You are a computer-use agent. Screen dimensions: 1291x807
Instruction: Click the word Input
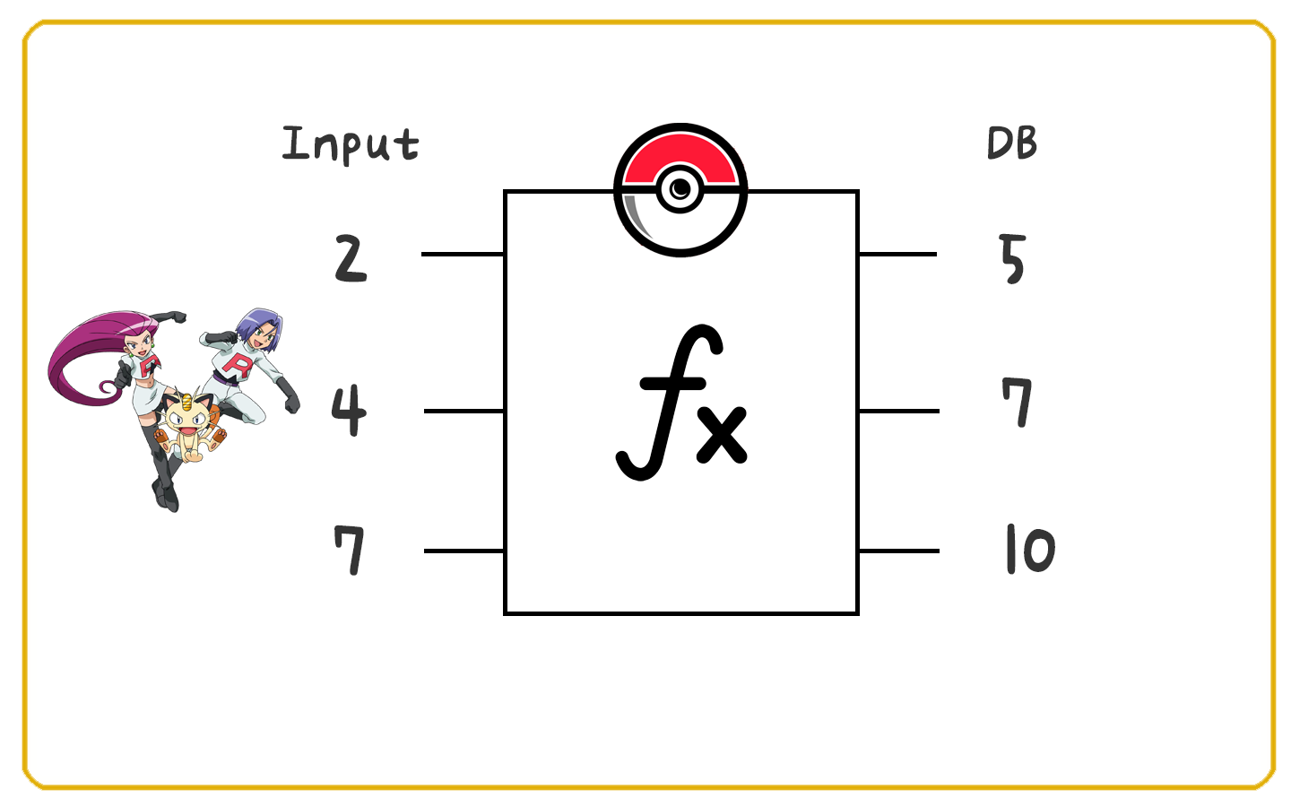(x=351, y=144)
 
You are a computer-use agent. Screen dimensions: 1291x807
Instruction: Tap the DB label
(x=1012, y=143)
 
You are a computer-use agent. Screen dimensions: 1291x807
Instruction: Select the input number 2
(x=351, y=258)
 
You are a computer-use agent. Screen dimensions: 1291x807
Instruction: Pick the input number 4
(x=349, y=410)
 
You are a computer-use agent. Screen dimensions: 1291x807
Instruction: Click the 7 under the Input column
(x=350, y=550)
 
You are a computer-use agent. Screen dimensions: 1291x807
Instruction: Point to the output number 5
(x=1012, y=259)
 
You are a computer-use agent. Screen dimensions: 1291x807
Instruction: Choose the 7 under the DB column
(x=1017, y=403)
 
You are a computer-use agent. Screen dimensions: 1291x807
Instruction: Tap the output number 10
(x=1030, y=549)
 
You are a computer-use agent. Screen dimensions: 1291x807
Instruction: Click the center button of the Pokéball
(x=680, y=188)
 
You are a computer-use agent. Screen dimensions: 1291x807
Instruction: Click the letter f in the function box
(x=670, y=402)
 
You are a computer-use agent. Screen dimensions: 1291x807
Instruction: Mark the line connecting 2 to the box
(x=463, y=254)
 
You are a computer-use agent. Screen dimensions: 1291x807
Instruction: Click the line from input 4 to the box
(x=464, y=411)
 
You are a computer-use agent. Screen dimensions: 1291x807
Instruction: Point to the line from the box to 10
(x=899, y=551)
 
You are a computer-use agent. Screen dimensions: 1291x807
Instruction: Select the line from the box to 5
(x=897, y=254)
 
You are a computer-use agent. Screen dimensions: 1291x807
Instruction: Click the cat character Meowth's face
(x=186, y=421)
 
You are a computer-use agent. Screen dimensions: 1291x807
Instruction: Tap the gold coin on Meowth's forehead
(x=187, y=398)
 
